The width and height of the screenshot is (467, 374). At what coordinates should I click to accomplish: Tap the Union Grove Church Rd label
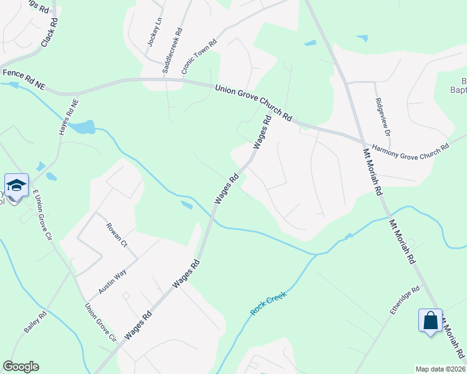[254, 103]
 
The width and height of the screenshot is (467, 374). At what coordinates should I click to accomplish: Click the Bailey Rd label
[37, 324]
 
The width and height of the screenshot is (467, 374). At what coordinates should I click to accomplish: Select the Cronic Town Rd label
[199, 57]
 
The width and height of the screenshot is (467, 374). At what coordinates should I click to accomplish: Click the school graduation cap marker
[16, 185]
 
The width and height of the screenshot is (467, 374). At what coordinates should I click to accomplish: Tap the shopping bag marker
[430, 321]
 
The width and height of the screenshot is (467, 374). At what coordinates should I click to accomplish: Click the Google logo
[21, 367]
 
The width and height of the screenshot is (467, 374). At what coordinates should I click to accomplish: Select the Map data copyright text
[440, 368]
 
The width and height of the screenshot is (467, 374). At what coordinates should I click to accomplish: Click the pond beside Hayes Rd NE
[82, 127]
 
